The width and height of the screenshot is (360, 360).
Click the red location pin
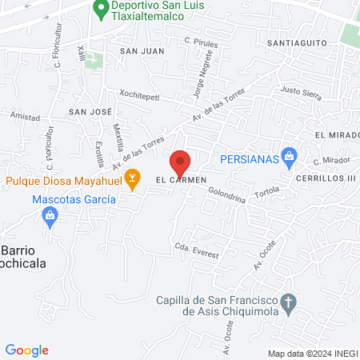coord(181,162)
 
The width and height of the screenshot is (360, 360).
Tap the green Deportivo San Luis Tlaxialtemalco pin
coord(100,10)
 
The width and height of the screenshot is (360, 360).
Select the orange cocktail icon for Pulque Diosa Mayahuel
coord(134,176)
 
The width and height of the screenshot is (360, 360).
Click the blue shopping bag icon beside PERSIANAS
coord(290,158)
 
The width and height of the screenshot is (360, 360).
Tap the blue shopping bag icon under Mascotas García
coord(51,216)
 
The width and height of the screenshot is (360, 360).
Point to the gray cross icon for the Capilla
coord(290,302)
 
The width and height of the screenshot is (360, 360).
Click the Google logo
coord(27,350)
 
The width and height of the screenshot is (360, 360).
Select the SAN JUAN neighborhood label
coord(142,51)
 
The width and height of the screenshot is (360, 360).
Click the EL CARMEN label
coord(182,179)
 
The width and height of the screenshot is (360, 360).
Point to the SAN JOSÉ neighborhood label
coord(90,112)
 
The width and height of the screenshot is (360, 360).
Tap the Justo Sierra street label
coord(302,94)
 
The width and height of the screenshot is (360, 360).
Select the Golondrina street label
coord(226,194)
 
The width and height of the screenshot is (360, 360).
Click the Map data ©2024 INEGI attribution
coord(311,354)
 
